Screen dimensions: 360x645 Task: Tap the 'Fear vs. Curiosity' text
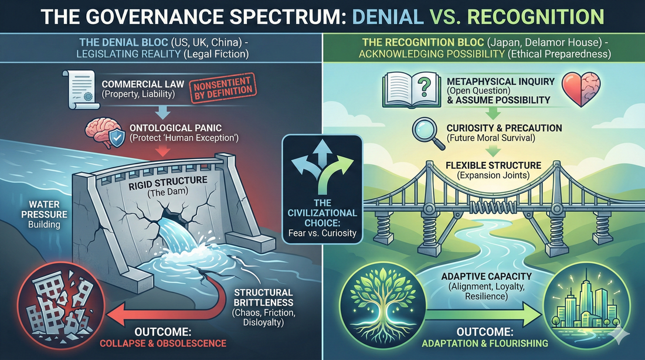322,233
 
